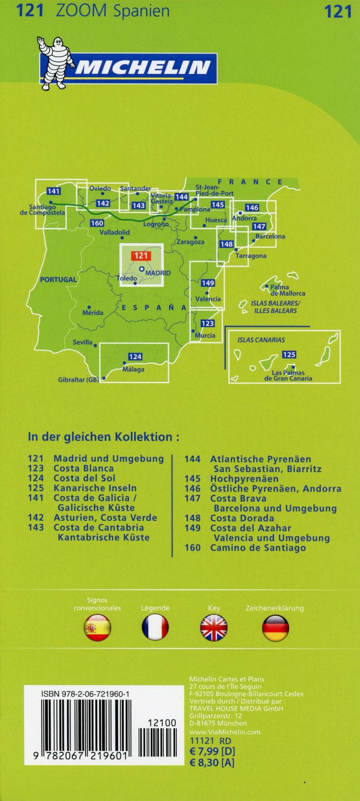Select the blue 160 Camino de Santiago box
tap(97, 223)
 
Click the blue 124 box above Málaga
tap(135, 357)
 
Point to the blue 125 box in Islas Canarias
tap(289, 354)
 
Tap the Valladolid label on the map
tap(115, 233)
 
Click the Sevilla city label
tap(83, 342)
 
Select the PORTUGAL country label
tap(58, 280)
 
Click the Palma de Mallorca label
tap(287, 290)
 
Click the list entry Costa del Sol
tap(84, 478)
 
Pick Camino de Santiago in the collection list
tap(258, 547)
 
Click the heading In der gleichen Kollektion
tap(103, 437)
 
